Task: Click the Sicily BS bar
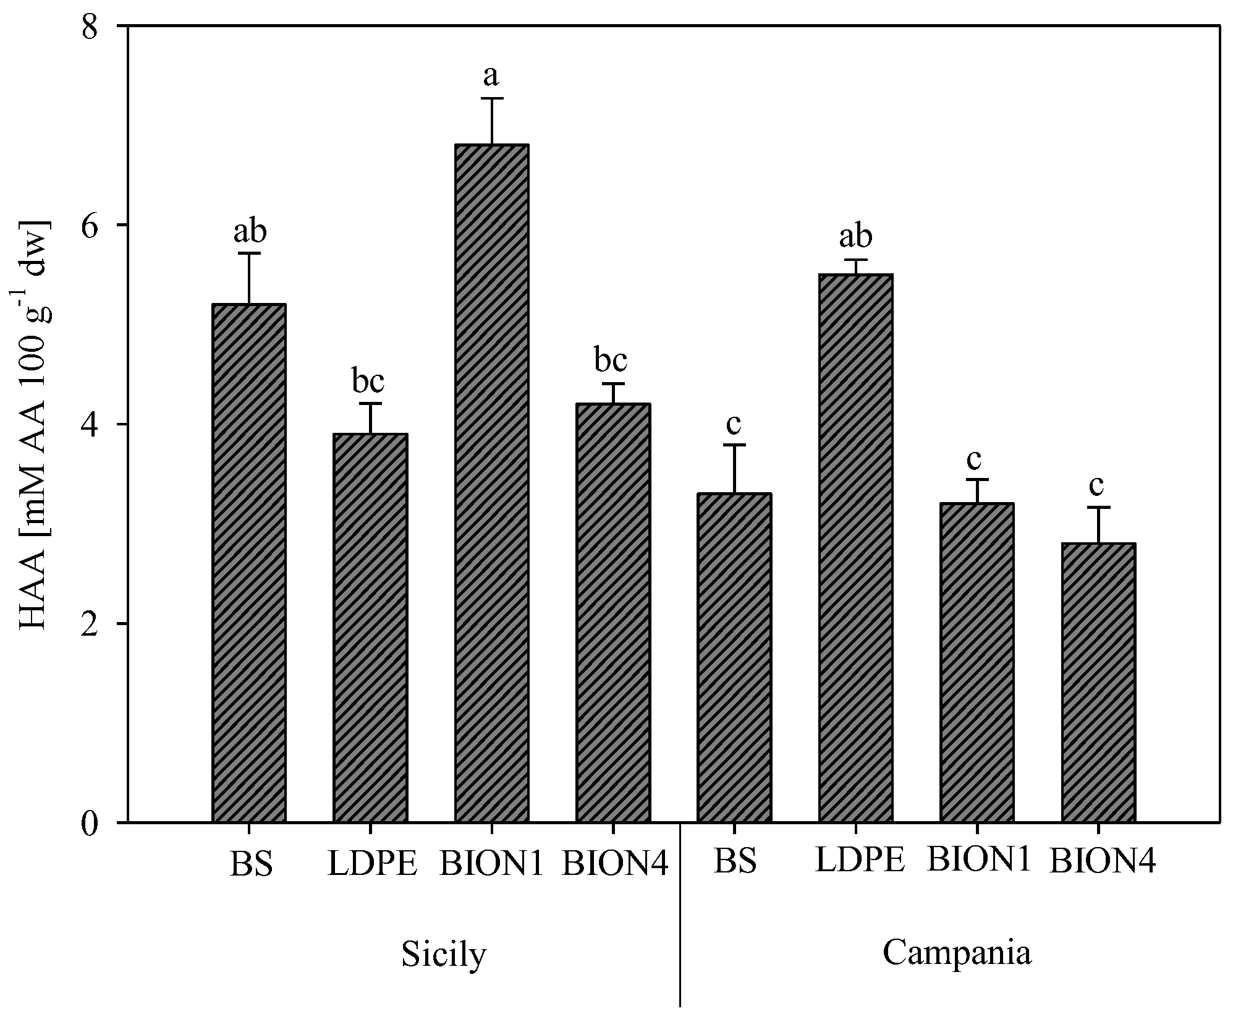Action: [248, 563]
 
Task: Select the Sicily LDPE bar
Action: [370, 628]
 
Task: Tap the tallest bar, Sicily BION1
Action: [491, 482]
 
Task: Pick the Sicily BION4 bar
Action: [612, 612]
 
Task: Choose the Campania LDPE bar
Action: [855, 548]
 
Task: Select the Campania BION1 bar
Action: [977, 662]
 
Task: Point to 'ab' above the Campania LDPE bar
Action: [855, 236]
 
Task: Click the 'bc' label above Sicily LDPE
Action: [368, 382]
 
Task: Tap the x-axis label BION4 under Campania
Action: [1102, 862]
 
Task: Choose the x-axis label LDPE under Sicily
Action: [373, 864]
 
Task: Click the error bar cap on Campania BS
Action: [734, 445]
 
